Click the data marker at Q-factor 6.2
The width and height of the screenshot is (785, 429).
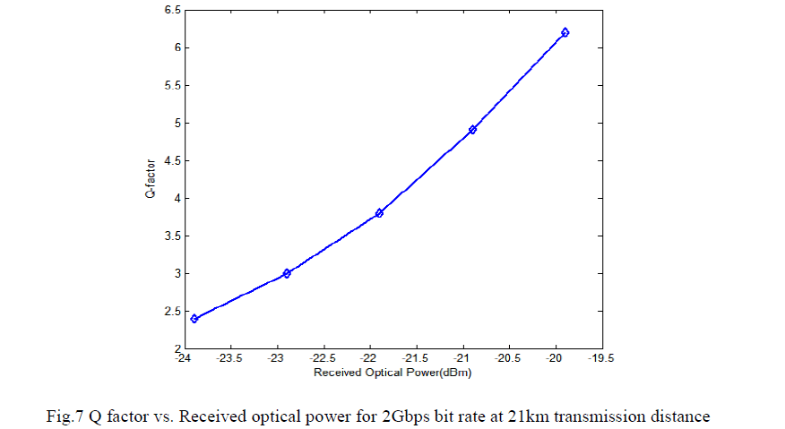(565, 32)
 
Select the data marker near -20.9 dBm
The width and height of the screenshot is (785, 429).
(472, 130)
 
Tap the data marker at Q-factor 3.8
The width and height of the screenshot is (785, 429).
(379, 212)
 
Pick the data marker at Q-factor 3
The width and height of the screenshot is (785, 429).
(287, 273)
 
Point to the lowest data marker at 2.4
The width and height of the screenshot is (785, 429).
(194, 318)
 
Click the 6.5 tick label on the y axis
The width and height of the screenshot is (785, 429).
(171, 10)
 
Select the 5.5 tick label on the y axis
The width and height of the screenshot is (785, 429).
(171, 85)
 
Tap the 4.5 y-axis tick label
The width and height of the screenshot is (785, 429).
(171, 160)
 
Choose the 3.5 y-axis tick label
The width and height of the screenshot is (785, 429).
(171, 236)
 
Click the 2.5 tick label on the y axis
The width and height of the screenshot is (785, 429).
(171, 311)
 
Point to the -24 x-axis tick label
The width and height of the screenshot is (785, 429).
(184, 358)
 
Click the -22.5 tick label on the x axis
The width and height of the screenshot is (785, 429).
(323, 358)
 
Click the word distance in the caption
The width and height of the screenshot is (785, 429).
(682, 416)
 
